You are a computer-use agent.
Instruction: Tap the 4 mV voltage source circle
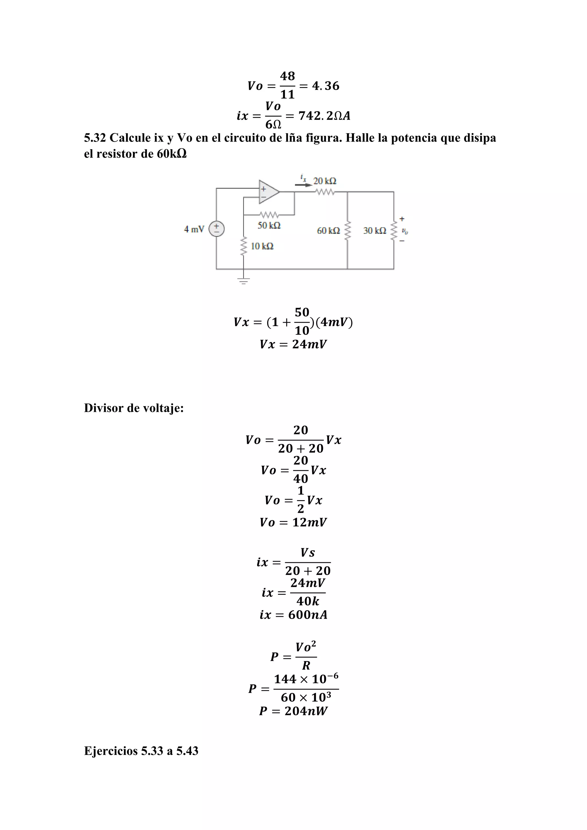(x=216, y=229)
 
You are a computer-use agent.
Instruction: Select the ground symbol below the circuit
(x=243, y=281)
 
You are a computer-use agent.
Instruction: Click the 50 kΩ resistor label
(x=269, y=226)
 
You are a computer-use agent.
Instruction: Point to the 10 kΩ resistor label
(x=262, y=246)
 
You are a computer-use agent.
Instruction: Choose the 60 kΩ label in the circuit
(x=328, y=231)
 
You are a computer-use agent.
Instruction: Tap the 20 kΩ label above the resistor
(x=324, y=181)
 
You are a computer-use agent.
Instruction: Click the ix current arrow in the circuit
(x=303, y=184)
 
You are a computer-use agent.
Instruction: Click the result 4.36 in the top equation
(x=325, y=86)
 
